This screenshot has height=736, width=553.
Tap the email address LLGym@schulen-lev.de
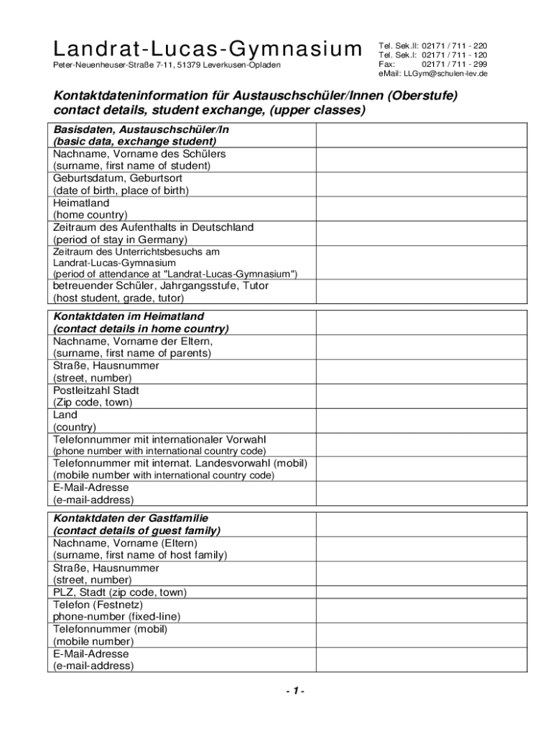pos(445,73)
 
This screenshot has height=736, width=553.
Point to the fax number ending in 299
pos(454,64)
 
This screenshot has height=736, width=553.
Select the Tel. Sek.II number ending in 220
pos(454,45)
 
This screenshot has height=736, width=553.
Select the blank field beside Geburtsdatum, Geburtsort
pos(422,184)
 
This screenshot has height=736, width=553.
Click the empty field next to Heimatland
pos(422,208)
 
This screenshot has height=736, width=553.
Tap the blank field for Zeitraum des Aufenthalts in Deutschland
pos(422,233)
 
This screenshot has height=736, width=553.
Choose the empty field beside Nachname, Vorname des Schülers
pos(422,160)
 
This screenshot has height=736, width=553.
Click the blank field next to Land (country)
pos(422,420)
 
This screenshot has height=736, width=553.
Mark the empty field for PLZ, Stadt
pos(422,592)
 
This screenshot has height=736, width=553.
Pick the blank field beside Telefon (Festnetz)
pos(422,610)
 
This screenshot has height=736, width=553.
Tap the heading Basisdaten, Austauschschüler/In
pos(141,129)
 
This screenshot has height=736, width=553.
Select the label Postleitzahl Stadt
pos(96,390)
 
